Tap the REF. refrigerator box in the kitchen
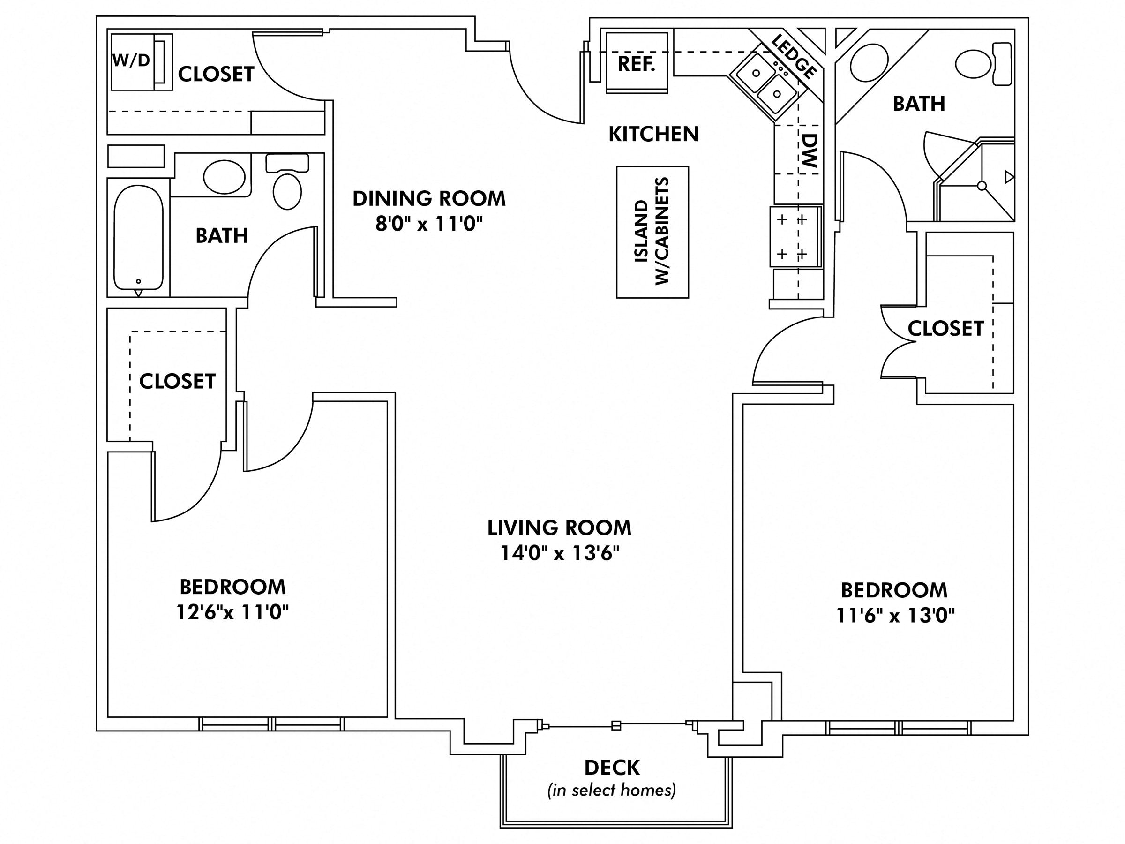[x=636, y=64]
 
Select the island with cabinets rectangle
[x=652, y=232]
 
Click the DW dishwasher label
[x=809, y=151]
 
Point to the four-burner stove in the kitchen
[x=795, y=237]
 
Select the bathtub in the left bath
[x=138, y=238]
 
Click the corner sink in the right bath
[x=870, y=61]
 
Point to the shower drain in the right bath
[x=982, y=186]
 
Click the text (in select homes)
[x=611, y=790]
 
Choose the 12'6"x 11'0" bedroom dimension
[x=232, y=612]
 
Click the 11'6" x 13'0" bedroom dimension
[x=895, y=616]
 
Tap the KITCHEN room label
[x=653, y=134]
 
